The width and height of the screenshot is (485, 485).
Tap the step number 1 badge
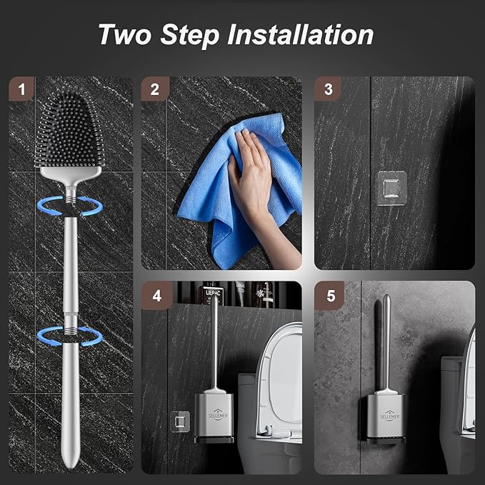click(22, 89)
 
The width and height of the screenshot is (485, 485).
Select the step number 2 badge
click(154, 89)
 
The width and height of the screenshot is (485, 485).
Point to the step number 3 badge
click(328, 89)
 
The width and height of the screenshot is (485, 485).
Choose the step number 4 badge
click(154, 294)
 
